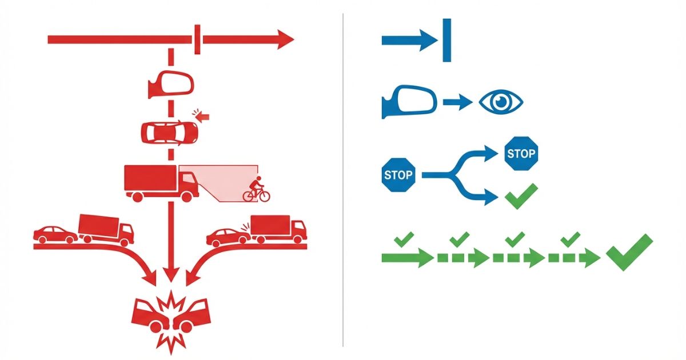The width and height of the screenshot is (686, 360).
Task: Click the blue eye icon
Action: click(500, 103)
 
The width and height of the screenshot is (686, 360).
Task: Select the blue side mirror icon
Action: click(409, 103)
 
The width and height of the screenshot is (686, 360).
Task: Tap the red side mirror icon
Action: click(171, 84)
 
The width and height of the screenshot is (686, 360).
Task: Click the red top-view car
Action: click(170, 133)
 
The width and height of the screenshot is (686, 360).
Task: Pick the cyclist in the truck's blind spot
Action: click(257, 190)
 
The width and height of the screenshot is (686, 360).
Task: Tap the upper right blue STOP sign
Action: click(521, 153)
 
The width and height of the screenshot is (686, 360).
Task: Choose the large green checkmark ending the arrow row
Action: click(629, 251)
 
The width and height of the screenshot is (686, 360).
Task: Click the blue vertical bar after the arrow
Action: click(446, 40)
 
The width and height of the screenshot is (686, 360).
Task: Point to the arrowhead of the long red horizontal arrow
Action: click(285, 40)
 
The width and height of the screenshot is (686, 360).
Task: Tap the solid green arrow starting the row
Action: click(407, 258)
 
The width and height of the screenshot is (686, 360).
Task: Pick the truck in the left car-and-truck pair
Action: click(106, 229)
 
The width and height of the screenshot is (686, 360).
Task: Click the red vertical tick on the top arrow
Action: click(197, 40)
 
